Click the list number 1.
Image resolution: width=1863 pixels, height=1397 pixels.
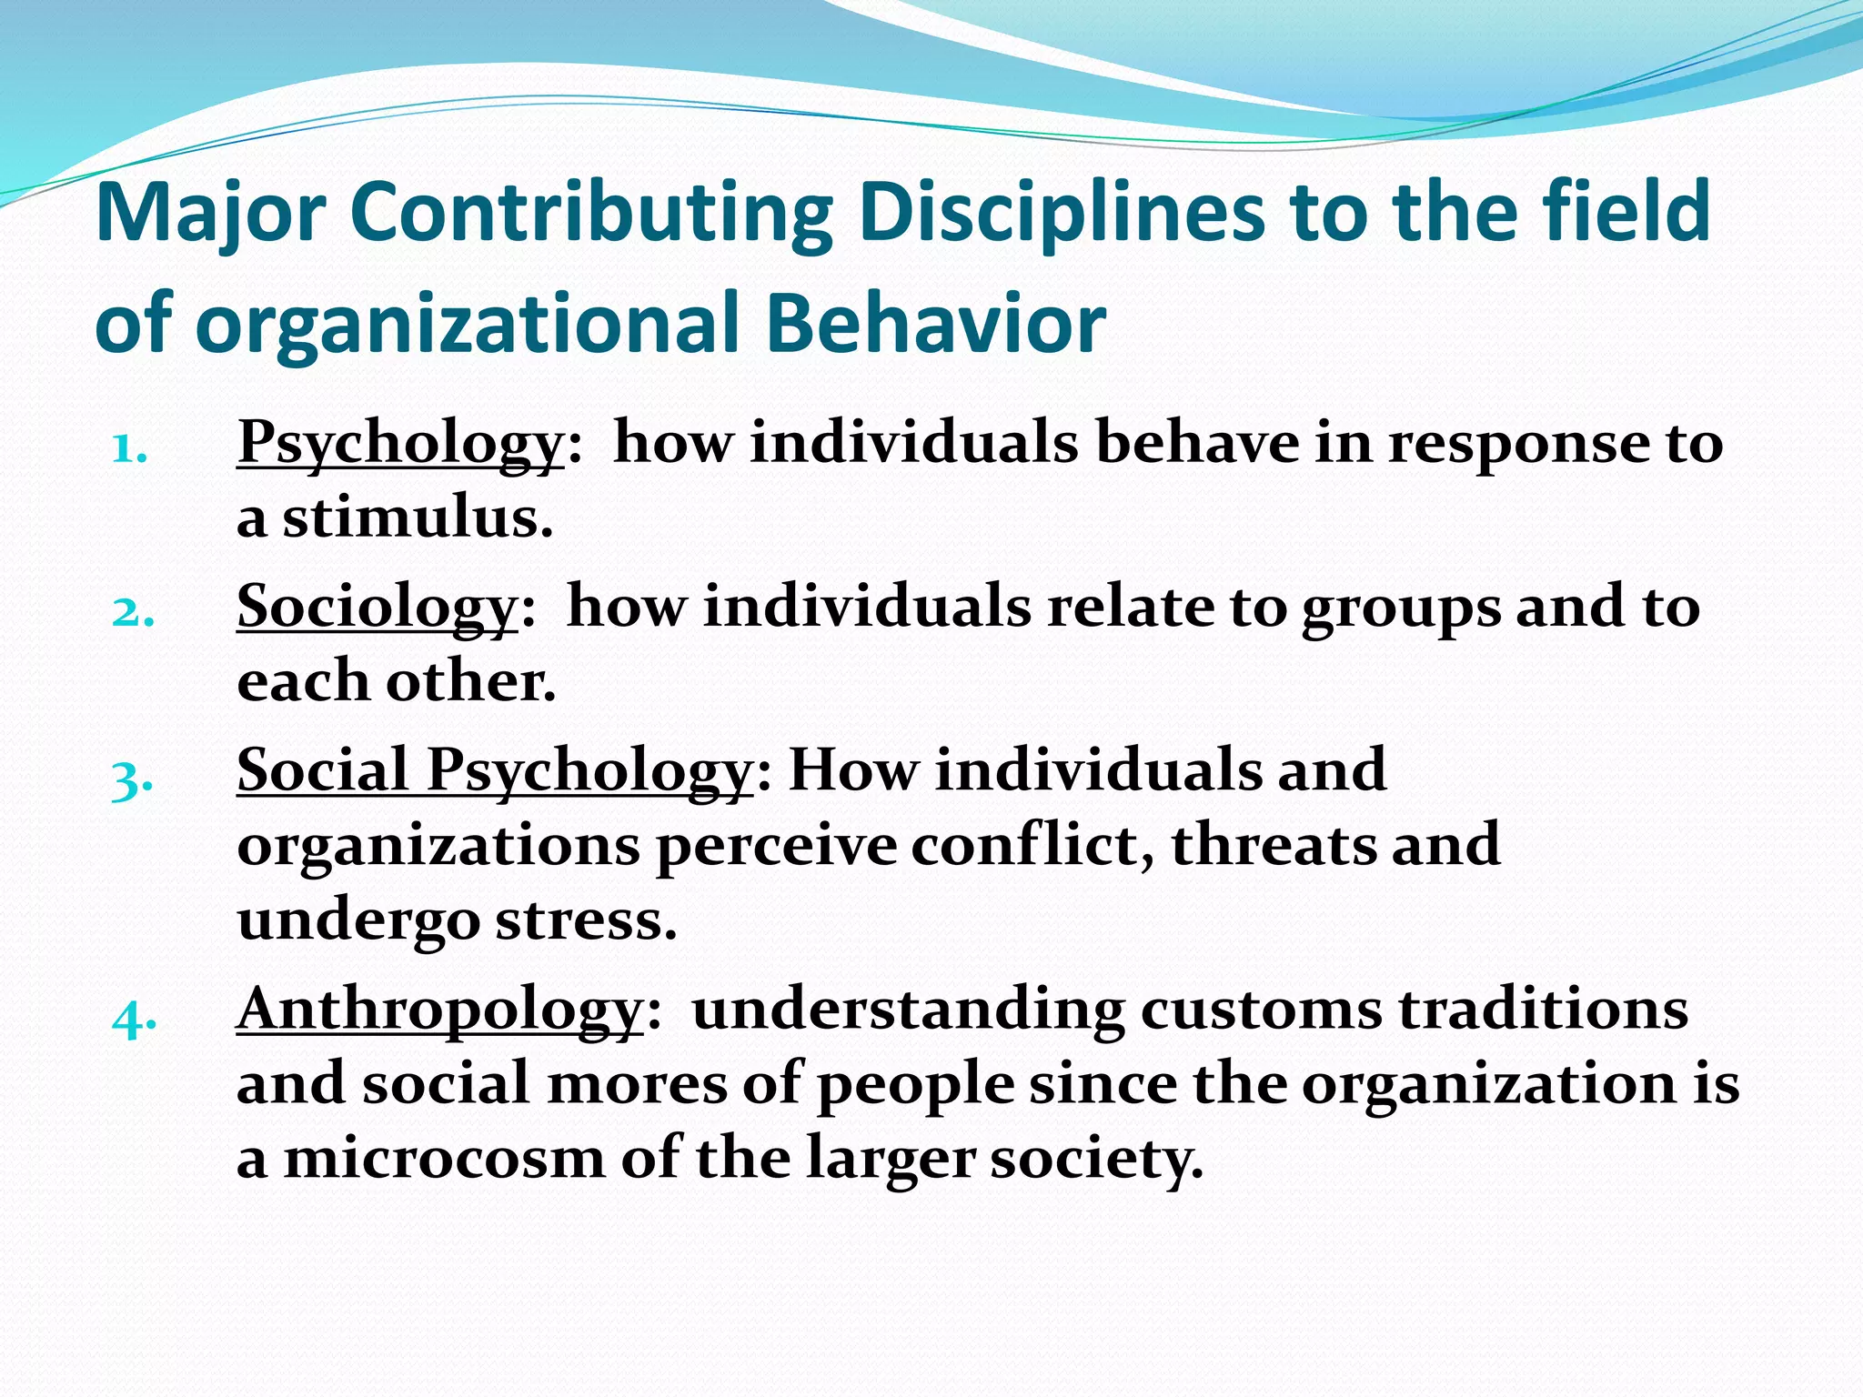point(127,448)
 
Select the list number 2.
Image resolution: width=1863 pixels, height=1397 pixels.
point(131,612)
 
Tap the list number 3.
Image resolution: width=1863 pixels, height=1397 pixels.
point(131,779)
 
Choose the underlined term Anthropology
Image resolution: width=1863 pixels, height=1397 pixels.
point(440,1010)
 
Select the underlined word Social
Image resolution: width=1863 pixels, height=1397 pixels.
point(322,770)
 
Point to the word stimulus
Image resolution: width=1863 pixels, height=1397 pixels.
point(417,519)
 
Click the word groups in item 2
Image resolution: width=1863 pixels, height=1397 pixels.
point(1401,608)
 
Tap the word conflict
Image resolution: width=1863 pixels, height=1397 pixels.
point(1032,845)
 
